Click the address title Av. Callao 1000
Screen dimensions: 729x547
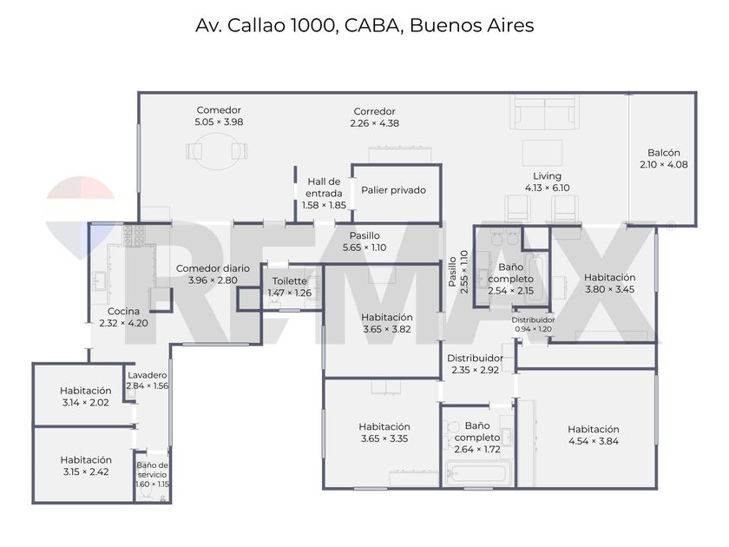coord(266,25)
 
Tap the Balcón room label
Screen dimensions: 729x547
coord(663,153)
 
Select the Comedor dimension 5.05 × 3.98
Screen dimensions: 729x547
coord(219,122)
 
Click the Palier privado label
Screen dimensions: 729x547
coord(393,190)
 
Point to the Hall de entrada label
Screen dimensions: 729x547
coord(324,187)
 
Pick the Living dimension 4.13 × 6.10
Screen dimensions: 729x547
coord(547,188)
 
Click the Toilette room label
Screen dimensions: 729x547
coord(289,281)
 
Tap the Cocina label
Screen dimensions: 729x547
coord(123,311)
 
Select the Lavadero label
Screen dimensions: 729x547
coord(147,375)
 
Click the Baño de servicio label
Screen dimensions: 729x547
coord(152,470)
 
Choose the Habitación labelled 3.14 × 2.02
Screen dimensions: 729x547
coord(86,396)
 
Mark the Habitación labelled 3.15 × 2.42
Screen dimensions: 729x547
coord(86,465)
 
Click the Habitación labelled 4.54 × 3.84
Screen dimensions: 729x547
coord(594,435)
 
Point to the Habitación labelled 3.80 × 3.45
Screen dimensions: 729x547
coord(609,283)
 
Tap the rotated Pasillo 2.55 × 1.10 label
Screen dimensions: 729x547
coord(458,272)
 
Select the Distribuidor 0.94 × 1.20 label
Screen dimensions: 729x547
coord(533,324)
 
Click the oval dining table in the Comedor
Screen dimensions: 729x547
coord(217,151)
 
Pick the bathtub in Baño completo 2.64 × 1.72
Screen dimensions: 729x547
coord(478,473)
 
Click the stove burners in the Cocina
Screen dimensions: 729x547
coord(134,236)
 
